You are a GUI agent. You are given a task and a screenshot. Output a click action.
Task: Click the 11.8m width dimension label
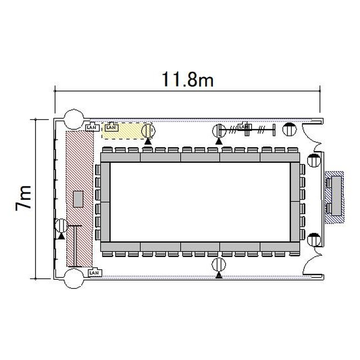coord(188,79)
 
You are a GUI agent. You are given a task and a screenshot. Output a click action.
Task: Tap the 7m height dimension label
coord(24,198)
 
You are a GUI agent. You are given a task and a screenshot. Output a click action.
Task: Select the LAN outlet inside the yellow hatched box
coord(111,127)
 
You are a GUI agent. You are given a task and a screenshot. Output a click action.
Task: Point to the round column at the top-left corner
coord(74,119)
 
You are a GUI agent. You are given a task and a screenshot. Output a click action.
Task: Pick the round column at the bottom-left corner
coord(74,279)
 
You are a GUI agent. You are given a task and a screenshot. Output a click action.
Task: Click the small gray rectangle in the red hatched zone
coord(78,199)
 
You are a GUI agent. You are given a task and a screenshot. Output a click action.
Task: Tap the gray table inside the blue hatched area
coord(336,196)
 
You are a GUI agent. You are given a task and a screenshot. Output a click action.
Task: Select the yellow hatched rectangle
coord(125,131)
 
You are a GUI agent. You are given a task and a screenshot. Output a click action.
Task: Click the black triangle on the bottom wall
coord(219,276)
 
